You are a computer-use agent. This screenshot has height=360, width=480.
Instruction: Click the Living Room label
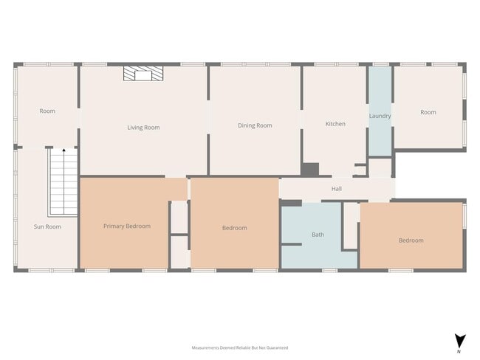[x=143, y=128]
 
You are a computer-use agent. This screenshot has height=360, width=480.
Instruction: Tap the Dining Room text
[x=255, y=125]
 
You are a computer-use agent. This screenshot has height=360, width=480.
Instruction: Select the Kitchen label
[x=335, y=124]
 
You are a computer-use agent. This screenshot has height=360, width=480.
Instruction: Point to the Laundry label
[x=380, y=116]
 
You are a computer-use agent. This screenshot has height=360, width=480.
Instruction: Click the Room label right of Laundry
[x=428, y=112]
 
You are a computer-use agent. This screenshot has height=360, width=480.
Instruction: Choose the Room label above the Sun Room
[x=47, y=111]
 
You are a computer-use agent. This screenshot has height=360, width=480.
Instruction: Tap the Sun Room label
[x=47, y=226]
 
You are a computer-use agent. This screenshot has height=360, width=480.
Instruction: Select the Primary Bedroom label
[x=127, y=226]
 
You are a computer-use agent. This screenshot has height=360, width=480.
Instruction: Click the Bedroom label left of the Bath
[x=235, y=228]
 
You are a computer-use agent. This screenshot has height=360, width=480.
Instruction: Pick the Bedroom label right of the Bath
[x=411, y=240]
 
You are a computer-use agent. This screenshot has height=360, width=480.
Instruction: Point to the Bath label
[x=318, y=235]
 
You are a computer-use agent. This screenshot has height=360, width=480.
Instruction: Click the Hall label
[x=337, y=189]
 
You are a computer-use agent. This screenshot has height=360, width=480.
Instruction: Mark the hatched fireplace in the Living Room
[x=143, y=73]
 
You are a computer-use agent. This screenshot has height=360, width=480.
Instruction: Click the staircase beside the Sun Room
[x=64, y=182]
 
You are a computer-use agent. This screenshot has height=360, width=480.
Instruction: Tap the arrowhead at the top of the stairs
[x=64, y=150]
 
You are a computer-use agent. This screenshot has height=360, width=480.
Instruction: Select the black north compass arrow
[x=459, y=340]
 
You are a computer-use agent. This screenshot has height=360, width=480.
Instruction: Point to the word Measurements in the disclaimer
[x=208, y=347]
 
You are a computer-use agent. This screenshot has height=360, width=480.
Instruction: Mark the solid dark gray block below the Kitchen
[x=309, y=170]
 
